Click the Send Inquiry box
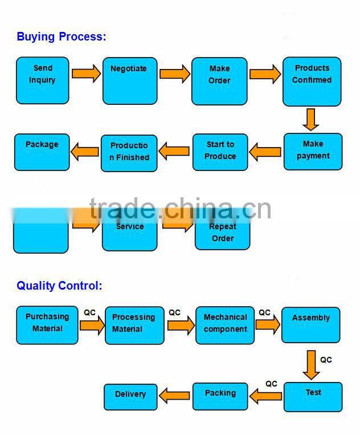[42, 80]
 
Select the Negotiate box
[129, 80]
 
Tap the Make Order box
[219, 81]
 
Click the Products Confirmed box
[312, 81]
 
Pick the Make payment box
[313, 151]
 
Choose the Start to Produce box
[220, 152]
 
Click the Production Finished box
[129, 152]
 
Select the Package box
[42, 152]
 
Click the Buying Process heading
[62, 37]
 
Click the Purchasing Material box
[47, 324]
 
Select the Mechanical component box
[225, 325]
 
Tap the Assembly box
[310, 325]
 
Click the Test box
[313, 397]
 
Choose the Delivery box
[130, 396]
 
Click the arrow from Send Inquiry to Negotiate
[86, 74]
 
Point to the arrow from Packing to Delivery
[174, 395]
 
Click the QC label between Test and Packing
[271, 384]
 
